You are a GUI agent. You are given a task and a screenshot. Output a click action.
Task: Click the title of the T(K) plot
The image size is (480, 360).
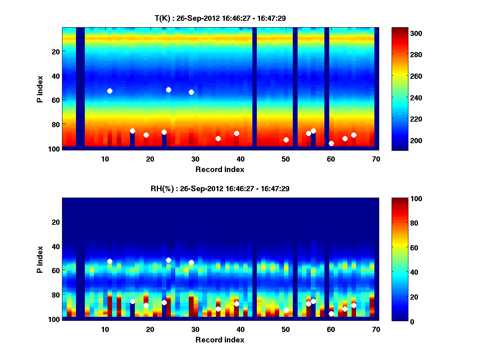[220, 18]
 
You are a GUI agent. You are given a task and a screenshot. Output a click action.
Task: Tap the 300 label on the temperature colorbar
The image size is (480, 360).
[403, 33]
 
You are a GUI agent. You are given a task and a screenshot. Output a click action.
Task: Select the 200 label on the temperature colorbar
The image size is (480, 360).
[403, 140]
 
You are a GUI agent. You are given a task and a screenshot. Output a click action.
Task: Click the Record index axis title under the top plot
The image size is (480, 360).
[220, 169]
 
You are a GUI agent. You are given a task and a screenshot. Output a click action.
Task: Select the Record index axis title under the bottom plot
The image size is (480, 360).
[220, 340]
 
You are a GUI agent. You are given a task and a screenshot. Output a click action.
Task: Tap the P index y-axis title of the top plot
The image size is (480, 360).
[40, 89]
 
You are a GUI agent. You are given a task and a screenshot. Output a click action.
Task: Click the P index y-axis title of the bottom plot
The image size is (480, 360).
[40, 260]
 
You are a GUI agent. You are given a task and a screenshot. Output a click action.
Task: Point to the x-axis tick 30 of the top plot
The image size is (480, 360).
[195, 159]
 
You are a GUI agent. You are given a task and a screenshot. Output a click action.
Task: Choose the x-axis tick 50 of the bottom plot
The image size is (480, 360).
[286, 329]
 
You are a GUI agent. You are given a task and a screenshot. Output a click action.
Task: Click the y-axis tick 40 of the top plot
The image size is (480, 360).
[55, 76]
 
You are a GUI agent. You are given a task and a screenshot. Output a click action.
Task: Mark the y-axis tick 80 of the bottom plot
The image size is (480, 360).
[55, 294]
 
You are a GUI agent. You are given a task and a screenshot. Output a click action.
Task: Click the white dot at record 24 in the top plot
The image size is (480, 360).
[168, 90]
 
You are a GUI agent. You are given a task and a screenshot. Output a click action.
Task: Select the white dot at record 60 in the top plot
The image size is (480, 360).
[331, 143]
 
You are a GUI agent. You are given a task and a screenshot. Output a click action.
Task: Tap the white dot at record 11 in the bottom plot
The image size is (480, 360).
[110, 261]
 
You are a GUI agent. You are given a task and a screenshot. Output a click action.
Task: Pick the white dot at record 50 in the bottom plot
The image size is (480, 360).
[286, 310]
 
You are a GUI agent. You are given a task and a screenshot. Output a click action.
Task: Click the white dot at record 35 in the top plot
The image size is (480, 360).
[218, 138]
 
